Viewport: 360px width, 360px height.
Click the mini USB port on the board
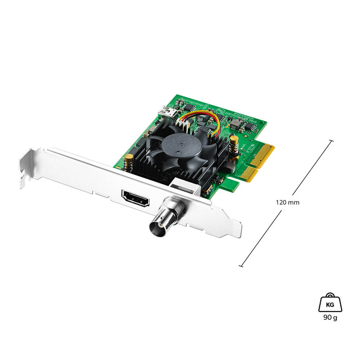click(168, 110)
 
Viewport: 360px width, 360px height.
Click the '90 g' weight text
click(330, 318)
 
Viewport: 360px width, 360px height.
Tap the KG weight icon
click(330, 303)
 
